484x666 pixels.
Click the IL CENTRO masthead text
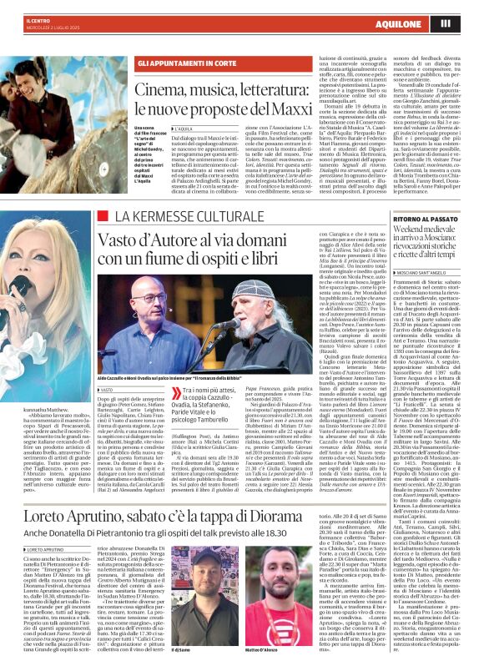[x=38, y=19]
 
